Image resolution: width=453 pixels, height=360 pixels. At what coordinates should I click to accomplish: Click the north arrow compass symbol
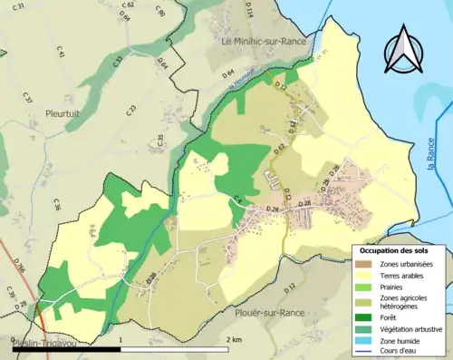pos(404,49)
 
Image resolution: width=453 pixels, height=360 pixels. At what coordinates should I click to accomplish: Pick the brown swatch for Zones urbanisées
pos(363,263)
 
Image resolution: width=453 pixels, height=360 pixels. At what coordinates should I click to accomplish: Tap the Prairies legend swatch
pos(363,287)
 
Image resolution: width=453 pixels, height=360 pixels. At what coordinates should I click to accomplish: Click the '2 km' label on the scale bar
pos(234,338)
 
